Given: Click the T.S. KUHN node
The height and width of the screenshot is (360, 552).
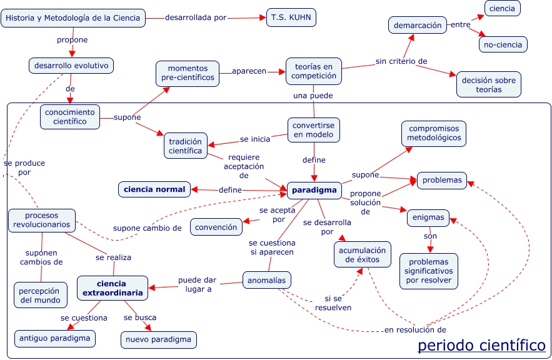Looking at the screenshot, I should click(291, 17).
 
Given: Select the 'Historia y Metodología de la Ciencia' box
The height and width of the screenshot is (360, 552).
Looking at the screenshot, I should click(74, 18).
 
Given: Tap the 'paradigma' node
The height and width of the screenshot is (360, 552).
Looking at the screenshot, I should click(313, 190).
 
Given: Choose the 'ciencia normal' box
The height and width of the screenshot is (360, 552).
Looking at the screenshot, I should click(154, 189).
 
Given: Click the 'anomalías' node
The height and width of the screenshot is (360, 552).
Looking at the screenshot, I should click(267, 281).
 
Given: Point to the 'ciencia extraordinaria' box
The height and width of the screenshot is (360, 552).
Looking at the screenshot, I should click(113, 288).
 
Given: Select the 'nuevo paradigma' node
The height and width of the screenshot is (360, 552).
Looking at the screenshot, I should click(159, 339).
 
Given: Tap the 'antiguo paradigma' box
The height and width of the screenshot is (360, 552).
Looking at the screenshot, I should click(55, 339).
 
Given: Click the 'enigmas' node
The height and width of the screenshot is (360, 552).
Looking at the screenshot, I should click(429, 218).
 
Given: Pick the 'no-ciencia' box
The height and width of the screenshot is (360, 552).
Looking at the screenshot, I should click(503, 44).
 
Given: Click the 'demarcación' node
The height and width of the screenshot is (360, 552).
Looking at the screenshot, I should click(418, 26).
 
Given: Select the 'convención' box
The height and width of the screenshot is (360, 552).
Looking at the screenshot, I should click(216, 227).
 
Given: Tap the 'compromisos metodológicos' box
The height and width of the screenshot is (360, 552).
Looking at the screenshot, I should click(434, 133).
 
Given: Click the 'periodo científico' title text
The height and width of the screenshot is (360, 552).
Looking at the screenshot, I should click(481, 345).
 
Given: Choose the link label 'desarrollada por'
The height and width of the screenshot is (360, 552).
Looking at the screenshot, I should click(196, 17).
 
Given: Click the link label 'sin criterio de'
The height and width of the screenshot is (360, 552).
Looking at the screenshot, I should click(401, 61).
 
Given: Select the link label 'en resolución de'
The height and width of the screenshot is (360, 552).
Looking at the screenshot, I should click(415, 329).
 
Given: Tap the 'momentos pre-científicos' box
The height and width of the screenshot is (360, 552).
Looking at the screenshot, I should click(187, 73).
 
